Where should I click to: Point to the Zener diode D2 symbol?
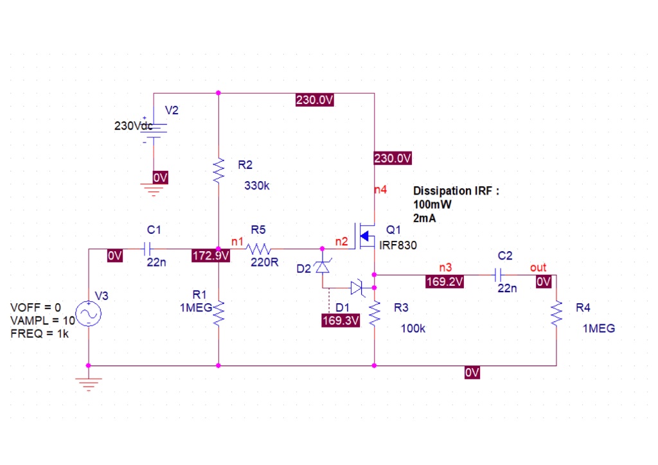tap(322, 266)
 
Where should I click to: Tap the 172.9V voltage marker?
tap(211, 256)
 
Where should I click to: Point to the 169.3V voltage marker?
tap(340, 320)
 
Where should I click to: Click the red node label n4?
tap(380, 189)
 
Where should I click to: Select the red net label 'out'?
tap(538, 267)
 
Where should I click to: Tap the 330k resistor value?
tap(257, 186)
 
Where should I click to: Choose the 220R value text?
tap(265, 262)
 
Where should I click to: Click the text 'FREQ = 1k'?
tap(40, 333)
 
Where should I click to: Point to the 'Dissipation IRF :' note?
tap(456, 191)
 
